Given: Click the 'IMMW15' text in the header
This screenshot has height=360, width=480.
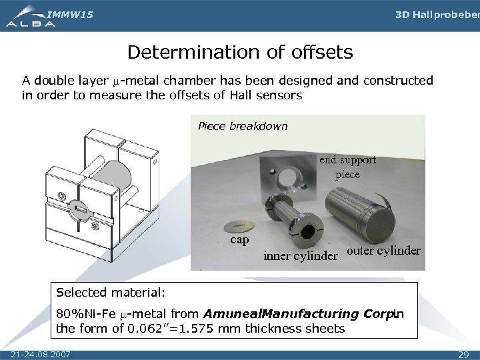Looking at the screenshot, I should point(71,13).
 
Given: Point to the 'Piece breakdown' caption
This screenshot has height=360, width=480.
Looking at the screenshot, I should point(243,126).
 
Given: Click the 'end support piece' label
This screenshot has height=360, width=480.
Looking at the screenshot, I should point(347,167).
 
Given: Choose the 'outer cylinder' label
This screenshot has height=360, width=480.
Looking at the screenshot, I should point(384,251).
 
